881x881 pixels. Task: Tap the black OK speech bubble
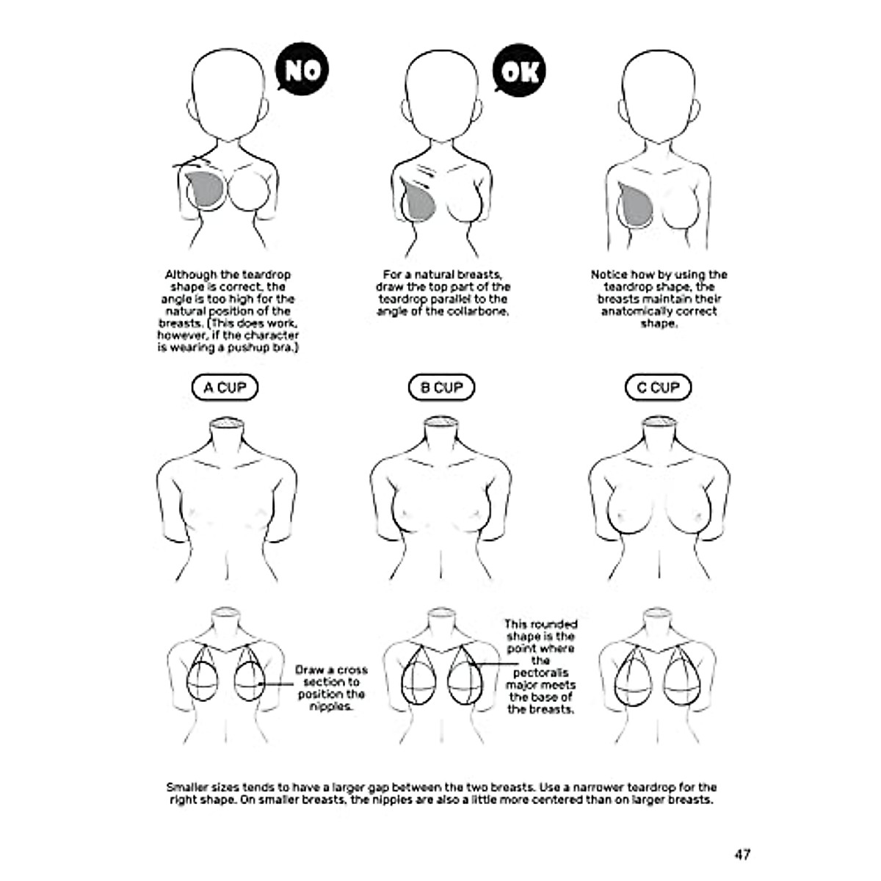point(520,70)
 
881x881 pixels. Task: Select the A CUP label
point(225,388)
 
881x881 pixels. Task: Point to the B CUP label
point(441,388)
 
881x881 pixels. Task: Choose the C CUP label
point(658,388)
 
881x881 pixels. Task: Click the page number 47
point(742,854)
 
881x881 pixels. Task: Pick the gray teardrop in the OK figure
point(421,202)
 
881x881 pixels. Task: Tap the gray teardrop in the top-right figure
point(636,205)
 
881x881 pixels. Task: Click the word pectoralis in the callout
point(540,673)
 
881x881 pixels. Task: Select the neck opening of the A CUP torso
point(225,424)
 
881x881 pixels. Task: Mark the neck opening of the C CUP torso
point(658,424)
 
